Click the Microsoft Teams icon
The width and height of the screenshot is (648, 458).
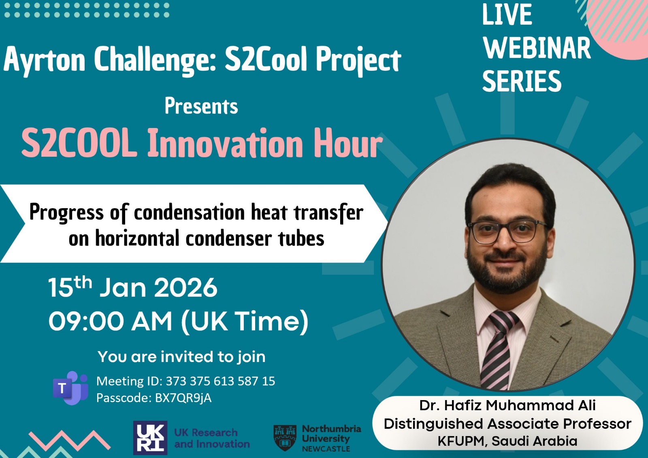(70, 388)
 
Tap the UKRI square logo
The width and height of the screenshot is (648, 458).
(150, 438)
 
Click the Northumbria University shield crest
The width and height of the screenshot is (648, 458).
(285, 438)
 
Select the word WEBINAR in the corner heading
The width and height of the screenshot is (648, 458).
(537, 48)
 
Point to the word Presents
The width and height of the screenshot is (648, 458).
(201, 106)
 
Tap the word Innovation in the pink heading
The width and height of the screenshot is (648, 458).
(225, 143)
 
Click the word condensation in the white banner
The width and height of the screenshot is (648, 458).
(190, 212)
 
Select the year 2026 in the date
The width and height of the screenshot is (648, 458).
(185, 287)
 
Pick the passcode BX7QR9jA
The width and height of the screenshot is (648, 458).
(183, 398)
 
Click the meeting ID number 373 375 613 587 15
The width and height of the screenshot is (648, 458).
(220, 381)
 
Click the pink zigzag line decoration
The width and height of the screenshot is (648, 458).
(69, 440)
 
